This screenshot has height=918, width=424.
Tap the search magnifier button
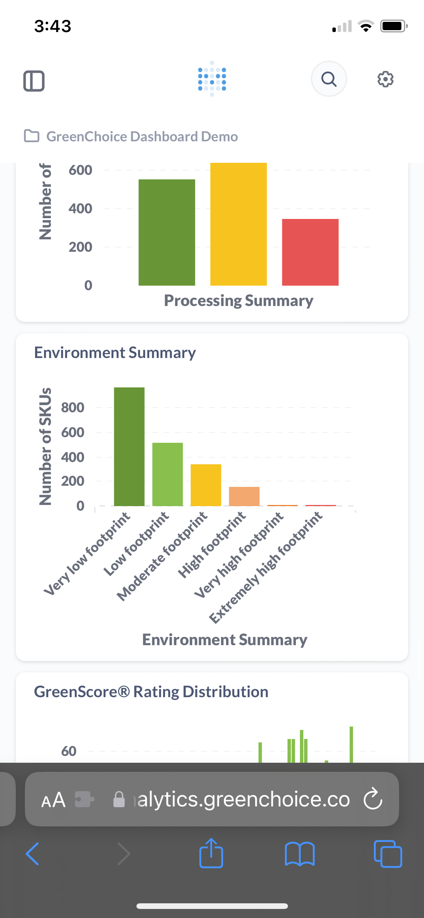pos(329,79)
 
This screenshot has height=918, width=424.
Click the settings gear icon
pos(385,79)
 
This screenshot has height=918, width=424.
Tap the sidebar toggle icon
pos(34,81)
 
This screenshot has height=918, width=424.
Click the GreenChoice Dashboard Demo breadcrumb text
pos(142,136)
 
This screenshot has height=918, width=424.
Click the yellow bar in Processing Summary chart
pos(238,224)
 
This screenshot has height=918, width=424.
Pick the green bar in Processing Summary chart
pos(167,232)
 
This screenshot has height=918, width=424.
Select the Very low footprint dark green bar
pos(129,447)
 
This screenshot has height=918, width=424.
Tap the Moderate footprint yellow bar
pos(206,485)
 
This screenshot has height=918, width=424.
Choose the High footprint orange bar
pos(244,496)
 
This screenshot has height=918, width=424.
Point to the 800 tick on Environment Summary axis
pos(73,408)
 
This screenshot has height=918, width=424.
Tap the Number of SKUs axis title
pos(45,447)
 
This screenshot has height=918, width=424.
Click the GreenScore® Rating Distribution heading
pos(151,692)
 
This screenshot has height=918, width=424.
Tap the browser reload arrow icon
pos(373,799)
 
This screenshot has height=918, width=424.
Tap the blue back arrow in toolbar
pos(32,854)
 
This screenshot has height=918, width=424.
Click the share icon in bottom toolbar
pos(211,854)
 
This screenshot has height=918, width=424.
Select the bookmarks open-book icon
pos(300,854)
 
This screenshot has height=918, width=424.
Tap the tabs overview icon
pos(388,854)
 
